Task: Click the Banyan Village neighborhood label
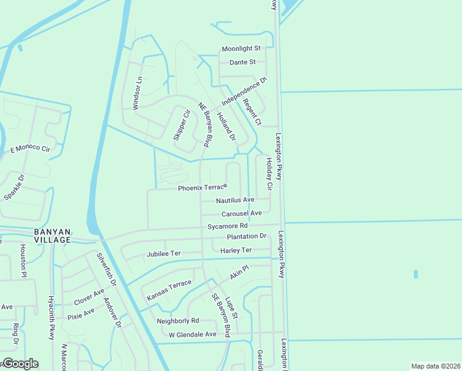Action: pos(52,235)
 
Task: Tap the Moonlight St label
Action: pos(242,48)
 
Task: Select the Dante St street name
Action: pos(243,62)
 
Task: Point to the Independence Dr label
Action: pos(243,91)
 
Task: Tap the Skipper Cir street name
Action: pos(181,125)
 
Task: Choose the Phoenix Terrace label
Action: pos(203,188)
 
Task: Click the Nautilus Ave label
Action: pos(235,200)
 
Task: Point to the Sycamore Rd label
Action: pos(227,226)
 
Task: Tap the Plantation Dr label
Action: pos(246,236)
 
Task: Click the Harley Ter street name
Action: pos(237,250)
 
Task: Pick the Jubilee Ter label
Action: pos(164,254)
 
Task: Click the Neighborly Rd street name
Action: pos(178,321)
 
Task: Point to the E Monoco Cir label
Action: pos(30,148)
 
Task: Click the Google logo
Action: pos(20,364)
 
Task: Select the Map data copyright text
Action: pos(435,366)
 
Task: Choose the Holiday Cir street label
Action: pos(269,173)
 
